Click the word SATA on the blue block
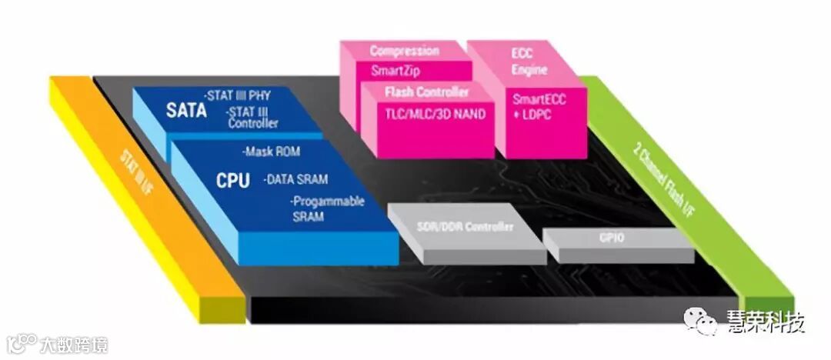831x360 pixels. tap(186, 110)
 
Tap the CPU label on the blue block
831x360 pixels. tap(232, 181)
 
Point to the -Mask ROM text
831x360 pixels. tap(271, 152)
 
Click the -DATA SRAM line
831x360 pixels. tap(295, 179)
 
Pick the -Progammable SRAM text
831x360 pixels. tap(327, 209)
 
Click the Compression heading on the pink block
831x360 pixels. tap(404, 52)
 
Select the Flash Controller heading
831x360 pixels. tap(426, 92)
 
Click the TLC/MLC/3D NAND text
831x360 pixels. tap(436, 114)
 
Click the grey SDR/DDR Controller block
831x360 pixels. tap(464, 227)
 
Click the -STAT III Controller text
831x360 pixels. tap(252, 118)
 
